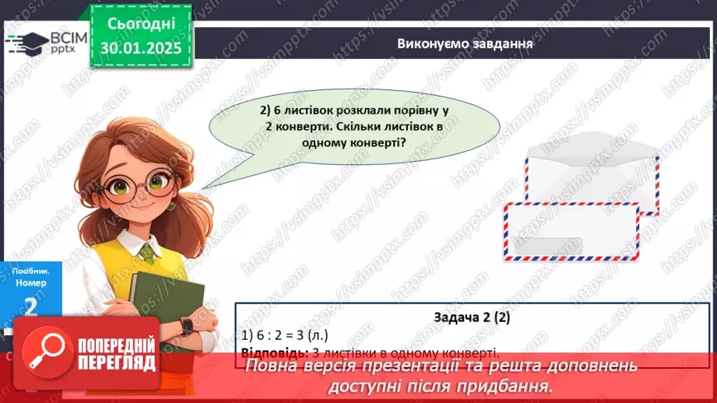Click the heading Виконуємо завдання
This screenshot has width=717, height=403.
coord(465,44)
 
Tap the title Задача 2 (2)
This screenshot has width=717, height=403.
coord(472,318)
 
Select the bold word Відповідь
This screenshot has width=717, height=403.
coord(270,352)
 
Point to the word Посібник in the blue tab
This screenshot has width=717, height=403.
coord(29,271)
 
